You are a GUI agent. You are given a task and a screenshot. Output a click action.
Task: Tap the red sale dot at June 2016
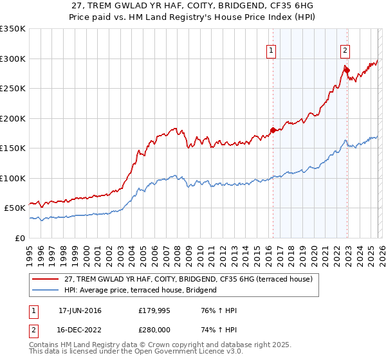click(x=273, y=130)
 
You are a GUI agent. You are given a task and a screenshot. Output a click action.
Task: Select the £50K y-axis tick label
click(x=15, y=208)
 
